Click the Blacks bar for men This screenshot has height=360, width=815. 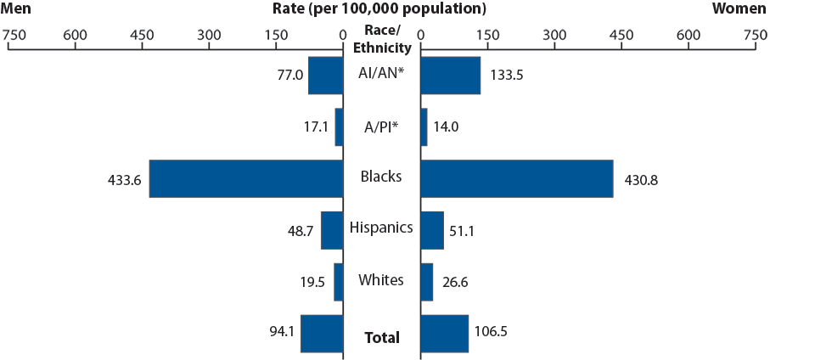coord(246,178)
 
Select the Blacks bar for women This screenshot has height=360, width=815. coord(516,178)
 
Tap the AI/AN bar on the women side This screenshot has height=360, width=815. coord(450,76)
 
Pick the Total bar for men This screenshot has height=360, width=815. coord(322,334)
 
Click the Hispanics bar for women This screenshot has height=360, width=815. coord(432,230)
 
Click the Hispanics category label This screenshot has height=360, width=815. coord(381,228)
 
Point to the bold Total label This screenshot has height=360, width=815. coord(381,337)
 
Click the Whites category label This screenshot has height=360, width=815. coord(381,279)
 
